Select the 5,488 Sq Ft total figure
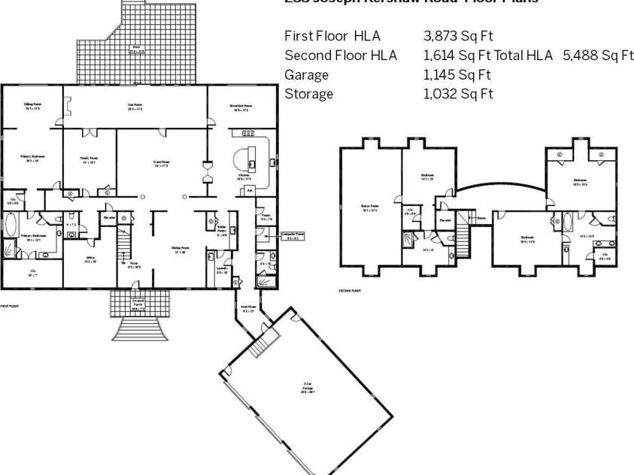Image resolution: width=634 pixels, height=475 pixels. pyautogui.click(x=599, y=56)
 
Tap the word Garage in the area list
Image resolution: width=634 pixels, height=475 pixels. pyautogui.click(x=306, y=74)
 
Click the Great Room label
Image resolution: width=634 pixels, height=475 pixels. pyautogui.click(x=162, y=163)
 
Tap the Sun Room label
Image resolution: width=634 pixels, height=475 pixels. pyautogui.click(x=135, y=107)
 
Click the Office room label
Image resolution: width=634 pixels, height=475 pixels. pyautogui.click(x=90, y=259)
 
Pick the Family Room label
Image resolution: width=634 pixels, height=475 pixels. pyautogui.click(x=89, y=160)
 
